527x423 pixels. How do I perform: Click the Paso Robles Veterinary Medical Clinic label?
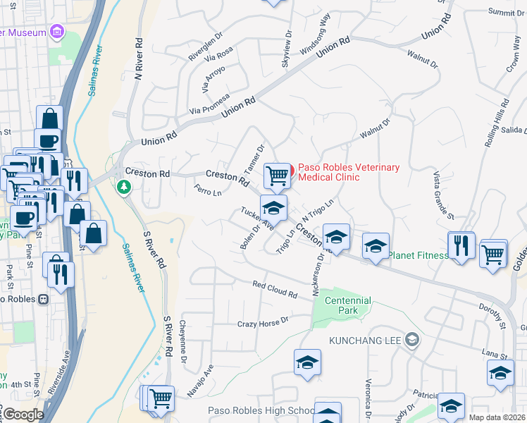click(348, 172)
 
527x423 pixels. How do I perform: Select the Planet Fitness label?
click(418, 255)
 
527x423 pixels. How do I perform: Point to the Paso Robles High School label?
click(261, 411)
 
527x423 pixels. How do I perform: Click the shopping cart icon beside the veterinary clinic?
click(278, 176)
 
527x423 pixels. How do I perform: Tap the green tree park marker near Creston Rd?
click(124, 187)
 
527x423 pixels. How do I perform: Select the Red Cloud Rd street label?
click(275, 289)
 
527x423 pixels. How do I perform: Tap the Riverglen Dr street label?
click(206, 49)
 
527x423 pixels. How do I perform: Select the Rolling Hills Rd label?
click(496, 123)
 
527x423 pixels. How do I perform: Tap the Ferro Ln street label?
click(208, 191)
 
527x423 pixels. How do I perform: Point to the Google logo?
click(23, 415)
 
